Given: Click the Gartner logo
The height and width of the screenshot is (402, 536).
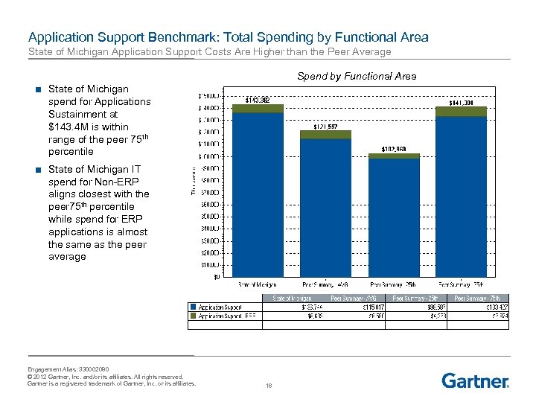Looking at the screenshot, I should point(475,380).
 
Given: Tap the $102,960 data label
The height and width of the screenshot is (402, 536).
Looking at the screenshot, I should point(394,149).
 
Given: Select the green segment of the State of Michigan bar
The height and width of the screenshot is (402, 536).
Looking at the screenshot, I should point(258,109).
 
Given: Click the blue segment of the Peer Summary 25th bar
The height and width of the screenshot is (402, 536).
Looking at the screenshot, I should point(394,216).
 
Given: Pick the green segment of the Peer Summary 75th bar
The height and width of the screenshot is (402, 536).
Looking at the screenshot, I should point(461,112).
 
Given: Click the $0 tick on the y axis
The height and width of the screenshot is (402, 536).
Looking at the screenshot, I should point(217,278).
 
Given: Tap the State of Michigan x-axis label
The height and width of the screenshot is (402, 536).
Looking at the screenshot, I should point(258,284).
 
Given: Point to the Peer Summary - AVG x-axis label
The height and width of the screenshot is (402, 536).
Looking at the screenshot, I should point(325,284).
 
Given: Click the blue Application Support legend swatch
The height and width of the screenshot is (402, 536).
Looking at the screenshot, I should point(194,306).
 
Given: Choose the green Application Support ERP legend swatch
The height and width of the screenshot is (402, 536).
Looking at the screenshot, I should point(194,316).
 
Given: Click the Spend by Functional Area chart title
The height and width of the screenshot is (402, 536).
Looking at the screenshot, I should point(357,76).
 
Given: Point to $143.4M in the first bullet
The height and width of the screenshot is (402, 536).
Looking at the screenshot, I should point(68,127).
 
